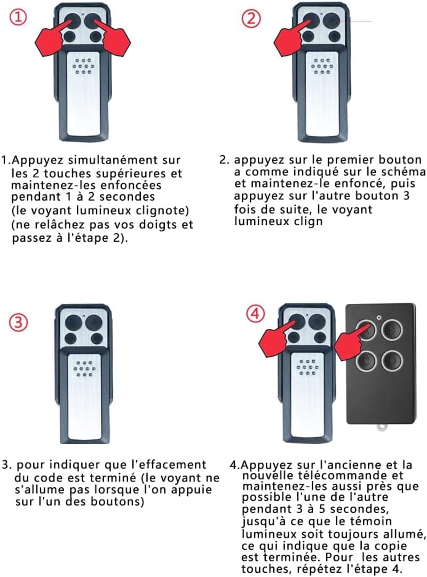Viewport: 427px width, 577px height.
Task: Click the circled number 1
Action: click(x=18, y=17)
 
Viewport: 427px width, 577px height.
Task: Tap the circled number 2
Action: click(x=251, y=18)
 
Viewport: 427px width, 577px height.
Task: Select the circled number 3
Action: click(x=18, y=323)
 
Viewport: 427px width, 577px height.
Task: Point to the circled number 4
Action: click(x=256, y=314)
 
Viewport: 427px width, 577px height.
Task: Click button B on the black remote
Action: click(x=392, y=329)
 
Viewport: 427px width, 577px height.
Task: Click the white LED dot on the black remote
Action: click(x=379, y=317)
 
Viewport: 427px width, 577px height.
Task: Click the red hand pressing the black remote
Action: click(x=350, y=343)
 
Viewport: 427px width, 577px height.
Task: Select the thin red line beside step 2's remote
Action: click(x=356, y=21)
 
